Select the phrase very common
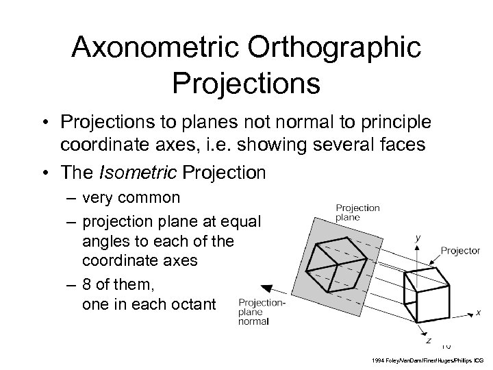click(131, 199)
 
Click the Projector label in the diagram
click(459, 251)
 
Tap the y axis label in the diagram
click(418, 238)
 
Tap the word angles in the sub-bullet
click(103, 242)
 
